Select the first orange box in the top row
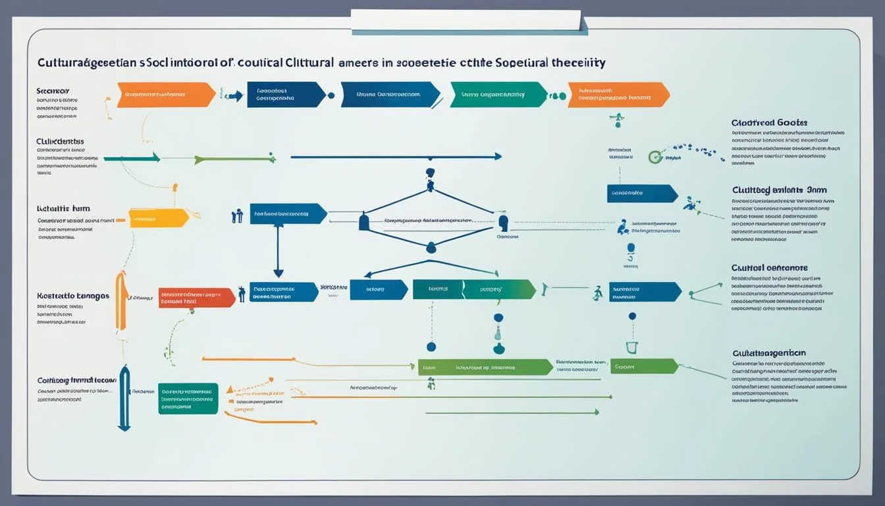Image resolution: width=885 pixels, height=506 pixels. click(165, 95)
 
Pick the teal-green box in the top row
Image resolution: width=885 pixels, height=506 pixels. click(498, 95)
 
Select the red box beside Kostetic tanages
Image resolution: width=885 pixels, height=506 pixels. click(196, 298)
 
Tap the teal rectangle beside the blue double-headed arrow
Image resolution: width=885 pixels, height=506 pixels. click(188, 399)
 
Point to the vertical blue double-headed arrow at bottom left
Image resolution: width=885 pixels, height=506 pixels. click(124, 398)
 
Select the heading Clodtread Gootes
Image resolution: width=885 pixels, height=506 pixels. click(768, 123)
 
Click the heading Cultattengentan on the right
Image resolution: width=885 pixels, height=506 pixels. click(768, 353)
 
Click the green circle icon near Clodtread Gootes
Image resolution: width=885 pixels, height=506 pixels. click(655, 157)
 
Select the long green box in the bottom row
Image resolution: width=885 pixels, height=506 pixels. click(485, 367)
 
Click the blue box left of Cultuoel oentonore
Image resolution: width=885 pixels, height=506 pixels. click(644, 292)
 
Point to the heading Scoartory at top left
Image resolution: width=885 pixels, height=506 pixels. click(53, 90)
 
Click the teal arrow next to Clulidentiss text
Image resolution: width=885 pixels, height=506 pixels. click(132, 158)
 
